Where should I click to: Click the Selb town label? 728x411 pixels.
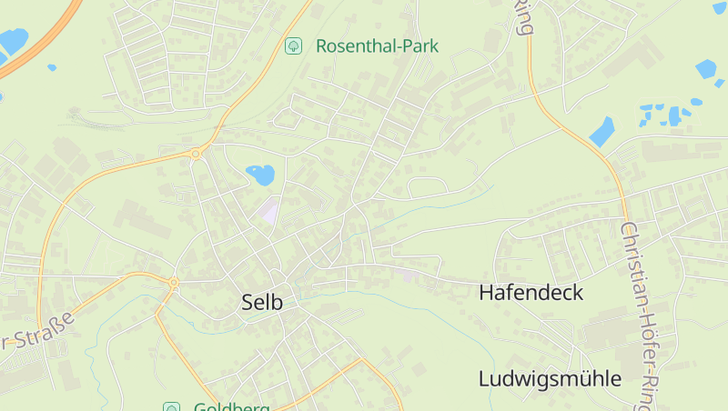[x=262, y=303]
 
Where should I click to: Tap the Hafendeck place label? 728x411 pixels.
[x=531, y=293]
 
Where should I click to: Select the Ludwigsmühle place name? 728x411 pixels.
[x=550, y=379]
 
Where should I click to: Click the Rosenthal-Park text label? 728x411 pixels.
[x=377, y=45]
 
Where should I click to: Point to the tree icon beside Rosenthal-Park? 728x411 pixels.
[x=293, y=45]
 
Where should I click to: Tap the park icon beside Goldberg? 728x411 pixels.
[x=170, y=406]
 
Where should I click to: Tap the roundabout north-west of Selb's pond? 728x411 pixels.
[x=196, y=154]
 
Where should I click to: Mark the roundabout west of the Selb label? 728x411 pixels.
[x=173, y=284]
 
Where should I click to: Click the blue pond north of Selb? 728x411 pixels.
[x=260, y=174]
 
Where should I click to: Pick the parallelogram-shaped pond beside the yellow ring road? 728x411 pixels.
[x=602, y=131]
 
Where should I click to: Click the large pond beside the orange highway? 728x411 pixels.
[x=12, y=41]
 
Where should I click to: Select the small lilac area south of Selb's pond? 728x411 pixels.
[x=268, y=210]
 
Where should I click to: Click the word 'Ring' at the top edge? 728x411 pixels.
[x=523, y=16]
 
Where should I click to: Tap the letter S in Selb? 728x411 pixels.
[x=248, y=303]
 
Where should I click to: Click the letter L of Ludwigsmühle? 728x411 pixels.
[x=485, y=379]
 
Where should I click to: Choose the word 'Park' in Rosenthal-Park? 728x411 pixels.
[x=420, y=45]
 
